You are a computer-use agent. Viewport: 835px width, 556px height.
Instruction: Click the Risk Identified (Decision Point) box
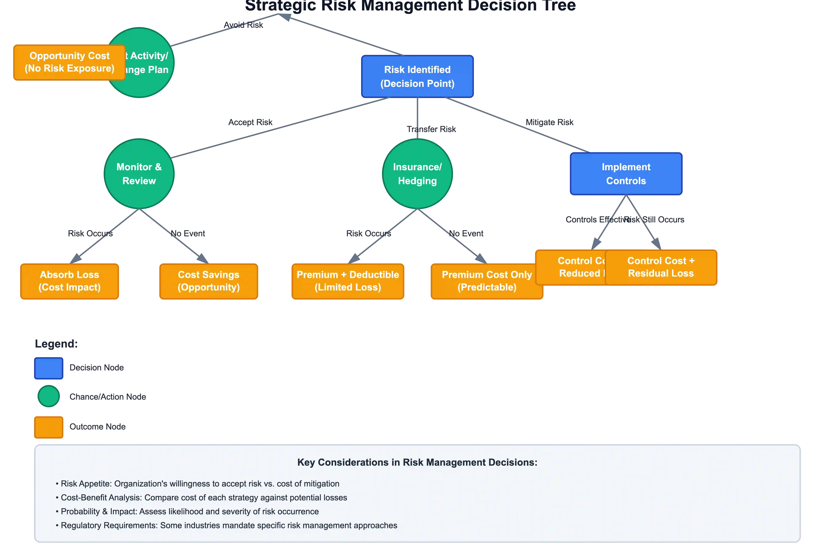tap(417, 76)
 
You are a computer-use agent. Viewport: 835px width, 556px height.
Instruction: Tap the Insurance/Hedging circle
tap(417, 174)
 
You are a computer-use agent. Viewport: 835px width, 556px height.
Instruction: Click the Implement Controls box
tap(626, 174)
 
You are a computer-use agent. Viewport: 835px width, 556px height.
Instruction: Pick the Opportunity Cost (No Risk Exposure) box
tap(69, 62)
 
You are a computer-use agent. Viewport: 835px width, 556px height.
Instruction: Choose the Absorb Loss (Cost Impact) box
tap(69, 281)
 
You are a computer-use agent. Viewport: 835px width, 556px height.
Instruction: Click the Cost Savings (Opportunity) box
tap(208, 281)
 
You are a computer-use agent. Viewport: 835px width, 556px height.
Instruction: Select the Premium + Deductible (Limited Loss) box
tap(348, 281)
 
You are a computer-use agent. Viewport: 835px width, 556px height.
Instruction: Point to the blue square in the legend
tap(49, 368)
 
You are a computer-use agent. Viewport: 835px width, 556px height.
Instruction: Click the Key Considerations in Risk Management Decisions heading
tap(417, 462)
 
